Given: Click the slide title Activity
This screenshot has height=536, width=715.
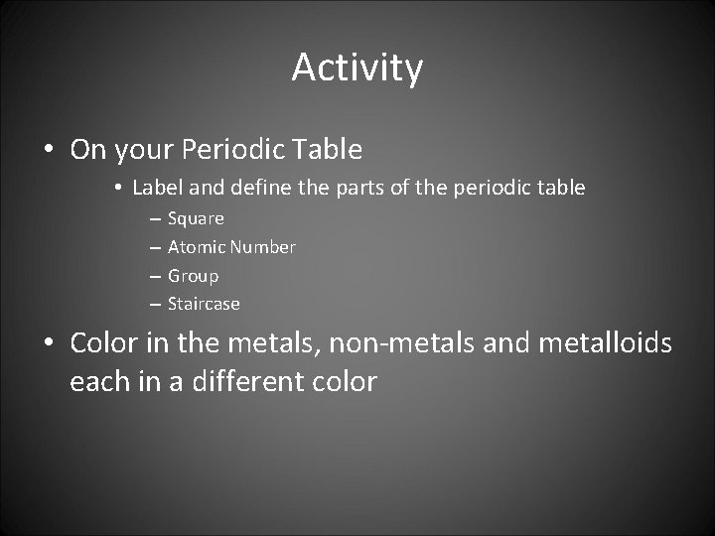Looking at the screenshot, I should point(357,67).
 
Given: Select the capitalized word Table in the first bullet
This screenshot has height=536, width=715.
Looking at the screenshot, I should point(329,150).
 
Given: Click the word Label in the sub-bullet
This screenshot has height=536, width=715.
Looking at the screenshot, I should point(152,187).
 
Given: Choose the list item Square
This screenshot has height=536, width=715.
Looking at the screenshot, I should point(196,218).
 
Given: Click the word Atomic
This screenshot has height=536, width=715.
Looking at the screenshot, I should point(196,246).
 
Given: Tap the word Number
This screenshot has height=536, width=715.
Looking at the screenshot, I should point(262,246).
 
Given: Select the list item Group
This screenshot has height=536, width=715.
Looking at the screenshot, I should point(193,275).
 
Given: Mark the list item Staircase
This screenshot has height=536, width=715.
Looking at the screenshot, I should point(204,304).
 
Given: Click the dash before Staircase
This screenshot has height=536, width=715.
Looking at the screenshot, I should point(156,304).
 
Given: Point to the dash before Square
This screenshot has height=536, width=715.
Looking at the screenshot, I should point(156,218).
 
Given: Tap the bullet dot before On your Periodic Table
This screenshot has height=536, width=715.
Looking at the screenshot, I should point(49,151).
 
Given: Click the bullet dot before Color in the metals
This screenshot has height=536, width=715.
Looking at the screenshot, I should point(49,343).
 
